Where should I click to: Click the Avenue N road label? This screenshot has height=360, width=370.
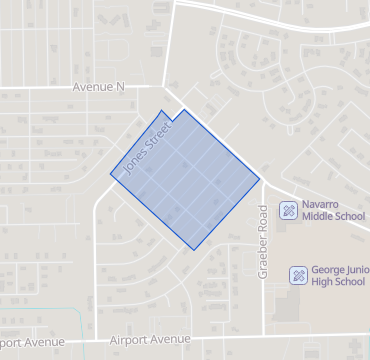(x=98, y=87)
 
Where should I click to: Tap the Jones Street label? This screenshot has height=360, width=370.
(x=138, y=151)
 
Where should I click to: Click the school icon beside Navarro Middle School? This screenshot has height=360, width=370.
(x=287, y=209)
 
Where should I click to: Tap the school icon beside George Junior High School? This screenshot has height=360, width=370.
(x=298, y=275)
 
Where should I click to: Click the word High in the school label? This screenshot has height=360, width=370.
(x=323, y=282)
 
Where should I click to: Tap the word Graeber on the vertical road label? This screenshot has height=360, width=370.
(x=264, y=239)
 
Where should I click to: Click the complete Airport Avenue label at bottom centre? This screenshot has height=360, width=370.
(x=150, y=339)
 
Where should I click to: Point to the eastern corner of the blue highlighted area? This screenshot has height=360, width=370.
(x=261, y=180)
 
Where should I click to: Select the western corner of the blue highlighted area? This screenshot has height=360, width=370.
(x=111, y=175)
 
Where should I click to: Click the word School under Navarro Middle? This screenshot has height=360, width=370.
(x=349, y=216)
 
